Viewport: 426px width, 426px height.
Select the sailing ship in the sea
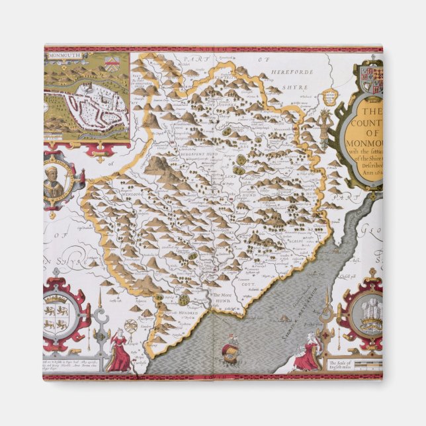coord(231,347)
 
